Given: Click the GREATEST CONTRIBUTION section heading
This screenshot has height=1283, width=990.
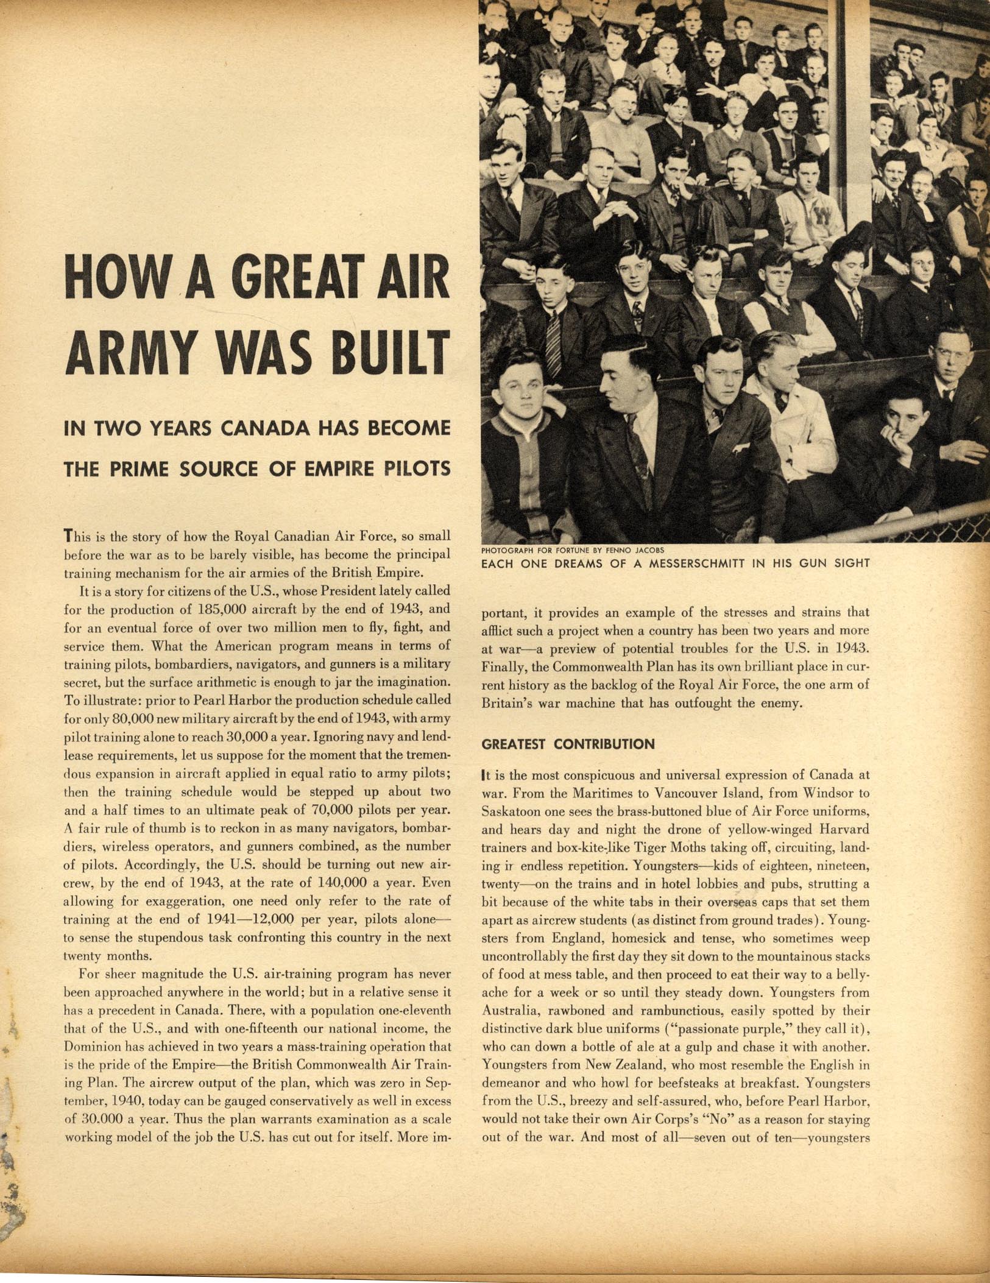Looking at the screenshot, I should (x=568, y=744).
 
